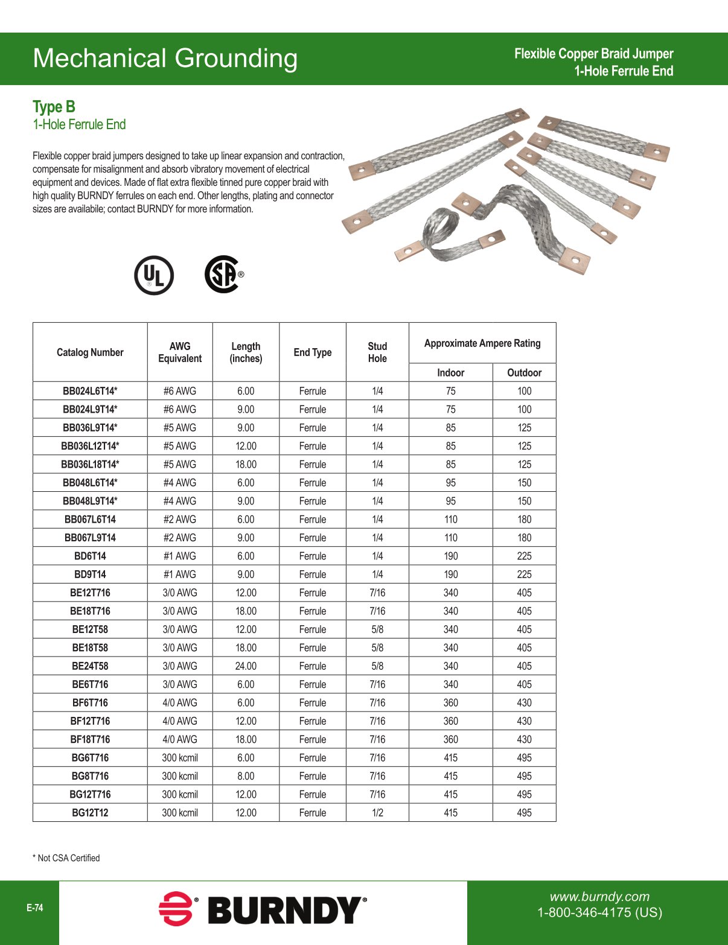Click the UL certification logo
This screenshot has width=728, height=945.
tap(154, 275)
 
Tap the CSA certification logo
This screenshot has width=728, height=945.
tap(223, 275)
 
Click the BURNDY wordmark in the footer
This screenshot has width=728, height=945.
tap(286, 911)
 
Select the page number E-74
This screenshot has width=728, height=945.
tap(35, 908)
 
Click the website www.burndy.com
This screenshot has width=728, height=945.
tap(599, 897)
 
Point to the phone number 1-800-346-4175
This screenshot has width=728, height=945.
tap(599, 912)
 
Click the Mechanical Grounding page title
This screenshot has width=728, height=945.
tap(165, 59)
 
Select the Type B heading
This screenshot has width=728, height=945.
tap(54, 107)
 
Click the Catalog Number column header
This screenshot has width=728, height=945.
tap(90, 352)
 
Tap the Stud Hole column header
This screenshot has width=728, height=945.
tap(377, 352)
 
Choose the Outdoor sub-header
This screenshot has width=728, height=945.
tap(524, 373)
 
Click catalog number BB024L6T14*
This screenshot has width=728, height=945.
tap(90, 391)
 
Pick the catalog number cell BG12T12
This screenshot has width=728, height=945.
tap(90, 813)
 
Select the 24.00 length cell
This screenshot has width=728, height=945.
tap(246, 666)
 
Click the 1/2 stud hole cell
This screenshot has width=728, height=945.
tap(377, 813)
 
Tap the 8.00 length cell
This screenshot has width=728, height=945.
tap(246, 776)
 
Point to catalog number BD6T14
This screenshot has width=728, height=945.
tap(90, 556)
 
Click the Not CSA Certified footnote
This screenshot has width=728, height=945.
tap(66, 858)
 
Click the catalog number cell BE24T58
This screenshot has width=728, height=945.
tap(90, 666)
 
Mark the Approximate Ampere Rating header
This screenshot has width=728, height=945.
tap(482, 343)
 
